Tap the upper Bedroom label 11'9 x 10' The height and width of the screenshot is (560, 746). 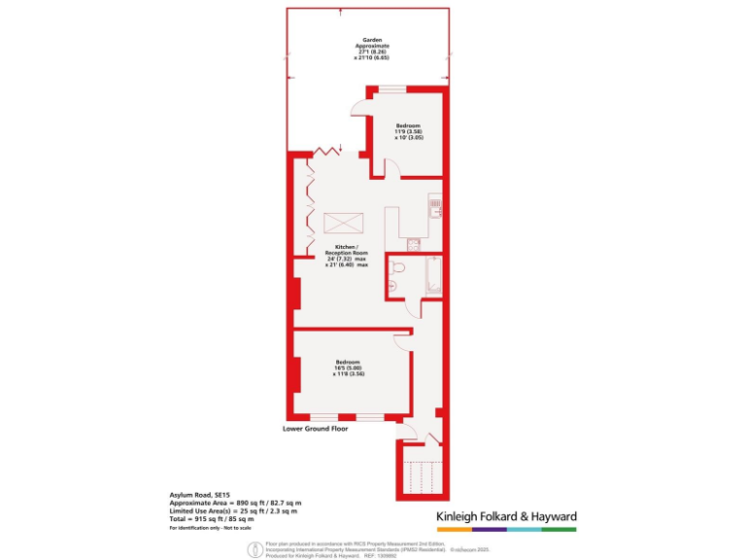[x=408, y=131]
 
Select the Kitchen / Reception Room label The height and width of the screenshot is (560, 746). [x=347, y=256]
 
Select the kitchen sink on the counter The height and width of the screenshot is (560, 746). [x=437, y=208]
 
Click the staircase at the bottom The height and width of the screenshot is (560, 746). [x=421, y=476]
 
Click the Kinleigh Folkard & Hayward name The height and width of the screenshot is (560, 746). [x=503, y=515]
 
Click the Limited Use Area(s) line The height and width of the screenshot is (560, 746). [x=233, y=510]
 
